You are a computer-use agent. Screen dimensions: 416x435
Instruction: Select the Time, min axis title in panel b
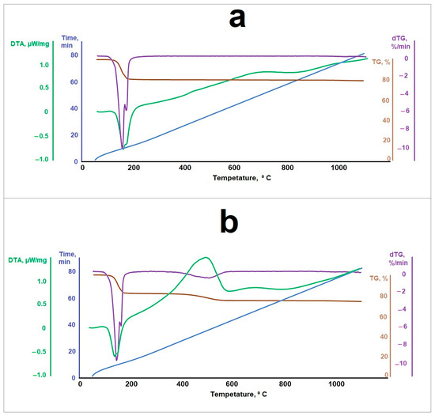pos(70,262)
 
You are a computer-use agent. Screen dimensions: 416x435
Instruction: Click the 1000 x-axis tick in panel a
pos(339,168)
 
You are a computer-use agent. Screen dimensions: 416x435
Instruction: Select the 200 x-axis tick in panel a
pos(132,168)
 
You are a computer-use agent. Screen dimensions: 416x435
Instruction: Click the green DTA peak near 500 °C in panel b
pos(206,258)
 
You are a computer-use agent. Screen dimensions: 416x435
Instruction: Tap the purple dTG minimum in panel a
pos(123,147)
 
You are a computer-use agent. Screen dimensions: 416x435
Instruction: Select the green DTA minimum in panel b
pos(115,355)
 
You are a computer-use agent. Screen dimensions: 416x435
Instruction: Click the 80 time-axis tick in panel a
pos(74,55)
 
